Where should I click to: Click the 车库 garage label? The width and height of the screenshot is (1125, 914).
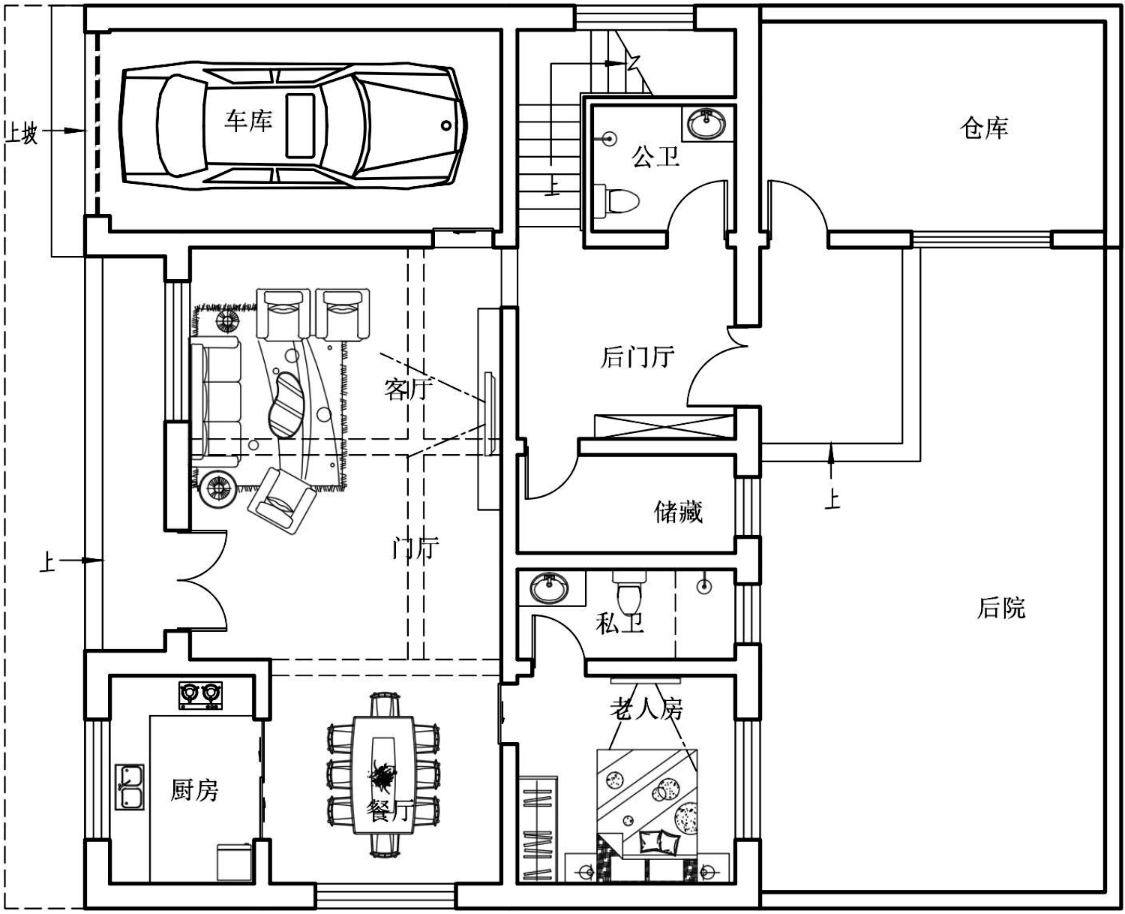[248, 121]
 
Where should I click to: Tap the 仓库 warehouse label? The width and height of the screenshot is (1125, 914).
[984, 128]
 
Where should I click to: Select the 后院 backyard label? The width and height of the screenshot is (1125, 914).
[1001, 608]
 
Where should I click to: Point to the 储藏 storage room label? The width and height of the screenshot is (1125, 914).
[678, 512]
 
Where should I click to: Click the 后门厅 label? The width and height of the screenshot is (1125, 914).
[637, 357]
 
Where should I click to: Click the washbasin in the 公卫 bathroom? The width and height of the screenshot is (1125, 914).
[706, 123]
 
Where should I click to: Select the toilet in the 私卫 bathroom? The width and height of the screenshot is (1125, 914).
[628, 591]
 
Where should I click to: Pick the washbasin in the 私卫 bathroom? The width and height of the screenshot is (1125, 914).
[549, 587]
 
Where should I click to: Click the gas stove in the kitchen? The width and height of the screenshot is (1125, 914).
[201, 695]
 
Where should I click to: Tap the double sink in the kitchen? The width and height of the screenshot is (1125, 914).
[130, 786]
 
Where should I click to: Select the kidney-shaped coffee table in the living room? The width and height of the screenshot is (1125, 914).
[287, 405]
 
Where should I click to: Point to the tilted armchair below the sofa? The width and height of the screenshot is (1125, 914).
[282, 500]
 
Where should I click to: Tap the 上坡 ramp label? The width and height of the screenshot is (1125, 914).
[22, 132]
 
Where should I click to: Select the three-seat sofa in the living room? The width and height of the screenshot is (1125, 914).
[215, 401]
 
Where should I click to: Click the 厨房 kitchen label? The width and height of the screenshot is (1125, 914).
[194, 790]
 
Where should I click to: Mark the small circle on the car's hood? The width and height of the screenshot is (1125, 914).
[446, 126]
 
